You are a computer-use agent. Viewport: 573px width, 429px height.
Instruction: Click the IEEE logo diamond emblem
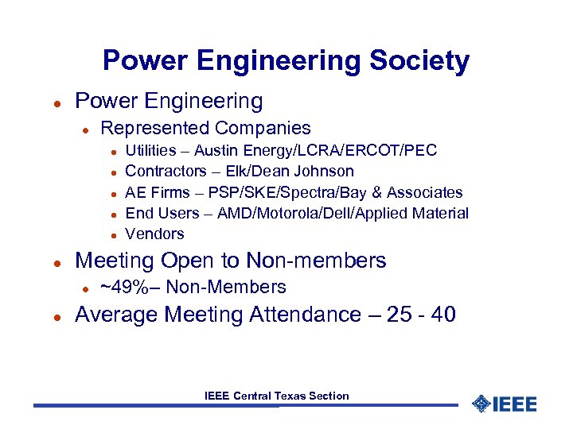point(481,404)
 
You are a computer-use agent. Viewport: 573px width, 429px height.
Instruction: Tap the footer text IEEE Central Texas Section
point(276,396)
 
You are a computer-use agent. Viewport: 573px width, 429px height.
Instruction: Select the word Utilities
point(152,150)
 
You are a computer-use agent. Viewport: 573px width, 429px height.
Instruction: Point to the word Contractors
point(166,171)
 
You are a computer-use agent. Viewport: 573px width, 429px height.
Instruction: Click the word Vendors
point(154,234)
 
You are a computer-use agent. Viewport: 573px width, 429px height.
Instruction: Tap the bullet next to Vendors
point(115,234)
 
